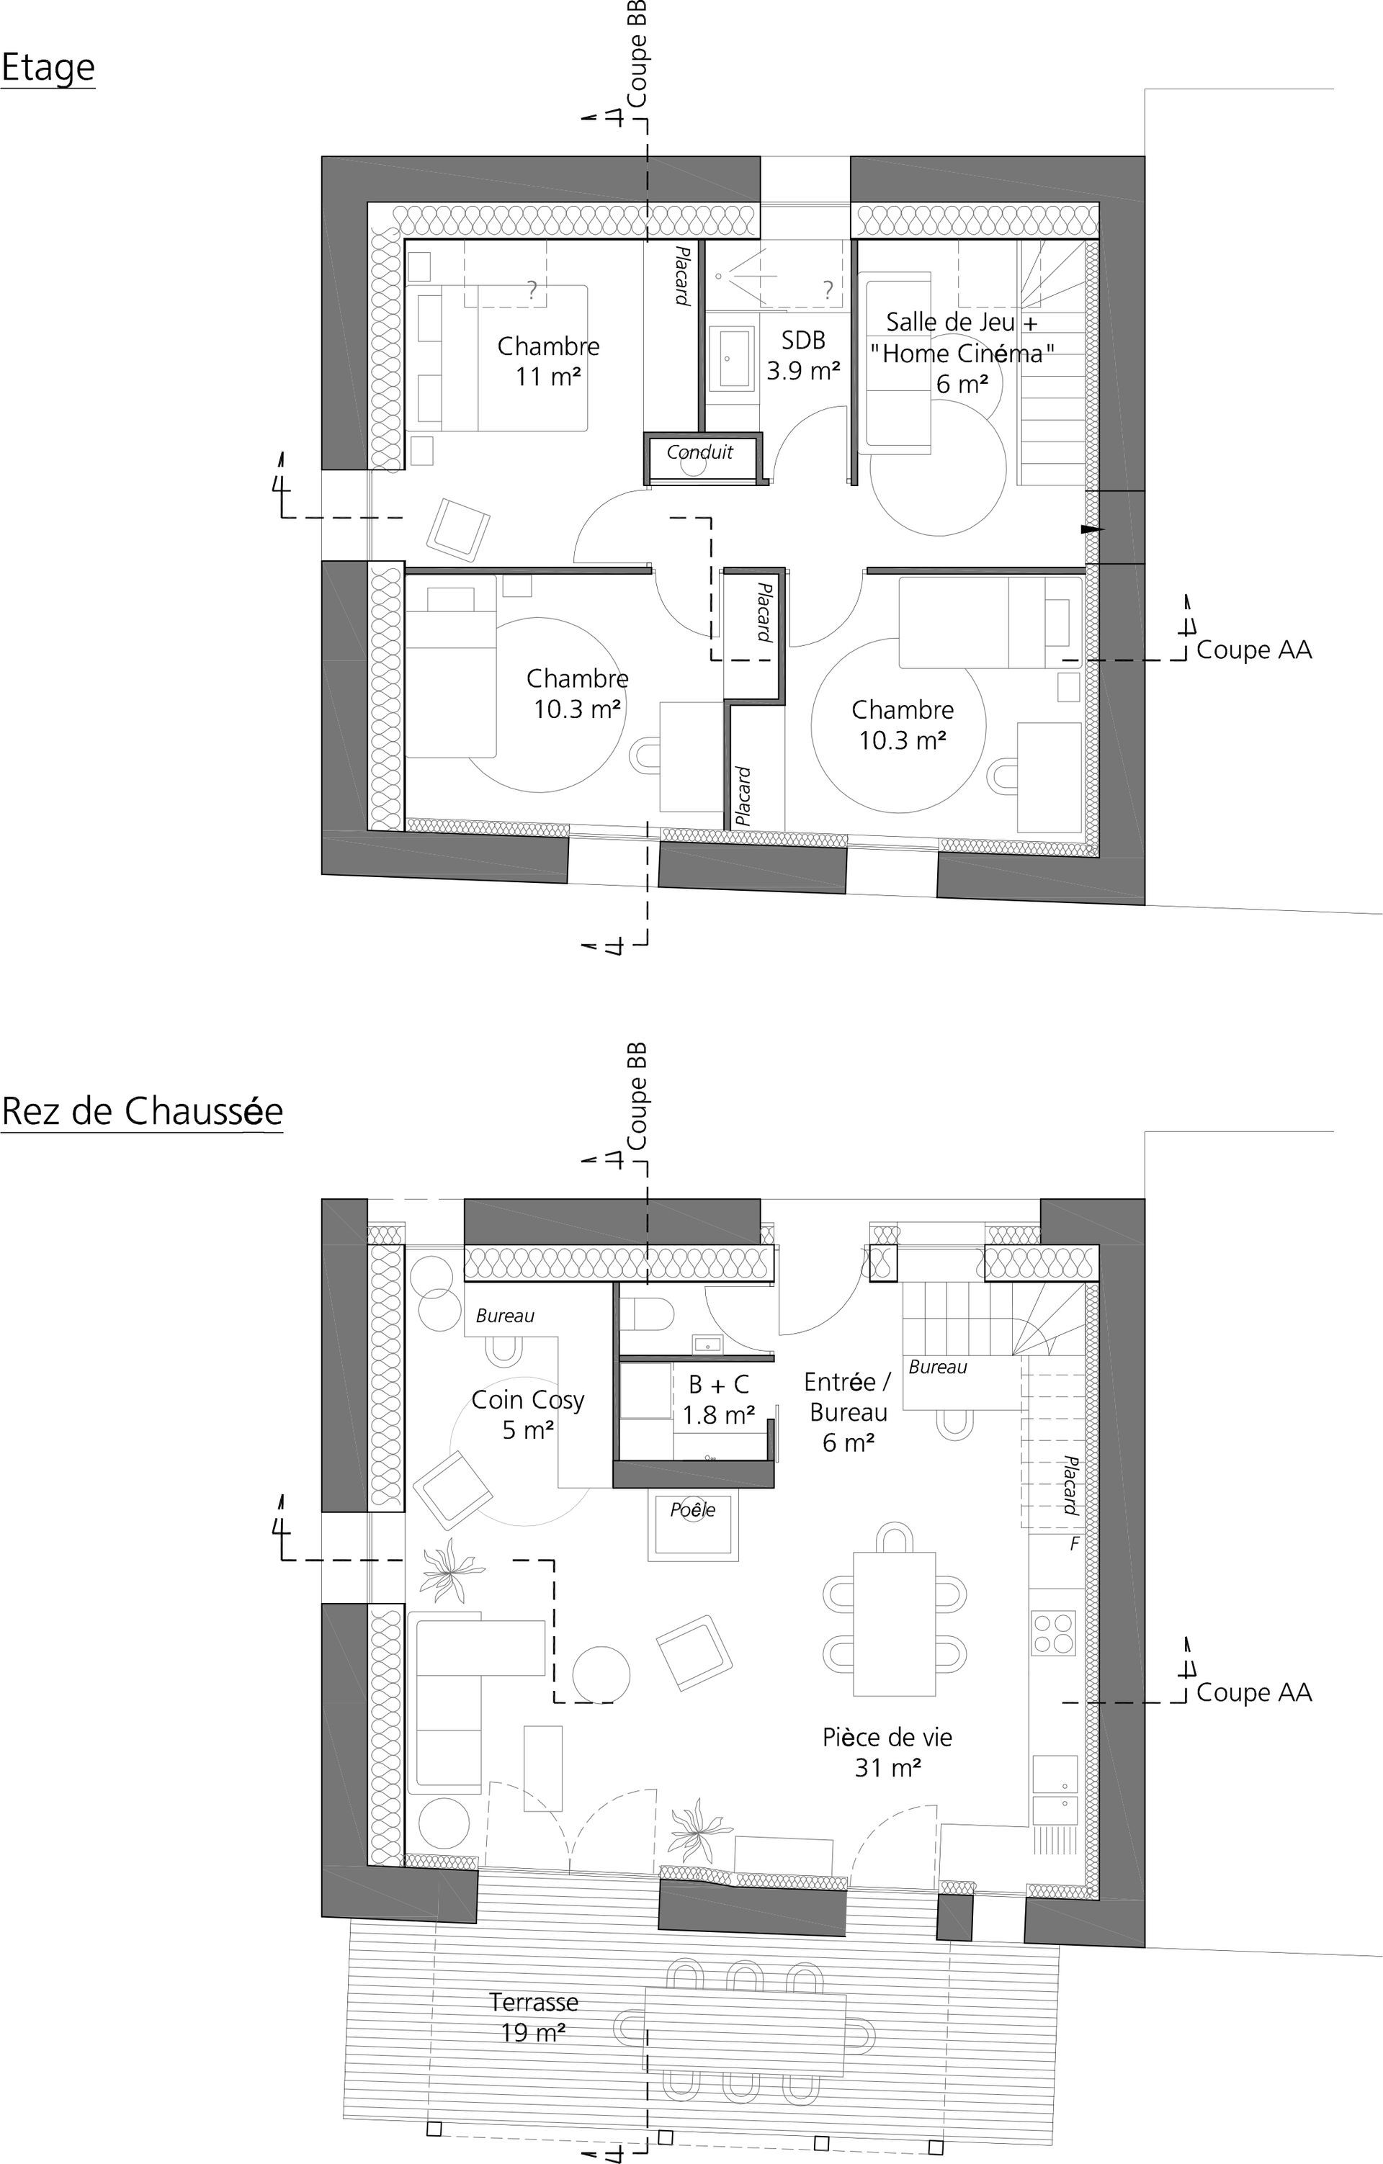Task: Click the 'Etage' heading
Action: pos(48,69)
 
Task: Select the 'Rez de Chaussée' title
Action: pos(142,1112)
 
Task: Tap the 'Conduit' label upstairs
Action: pos(700,452)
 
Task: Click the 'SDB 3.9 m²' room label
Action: pos(803,355)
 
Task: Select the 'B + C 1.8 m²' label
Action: pos(718,1400)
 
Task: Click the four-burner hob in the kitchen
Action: pos(1054,1633)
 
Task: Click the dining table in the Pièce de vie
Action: pos(894,1623)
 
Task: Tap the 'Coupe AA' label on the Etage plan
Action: pos(1253,650)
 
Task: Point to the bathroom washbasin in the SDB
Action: pos(733,359)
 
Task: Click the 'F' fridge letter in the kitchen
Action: pos(1074,1545)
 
